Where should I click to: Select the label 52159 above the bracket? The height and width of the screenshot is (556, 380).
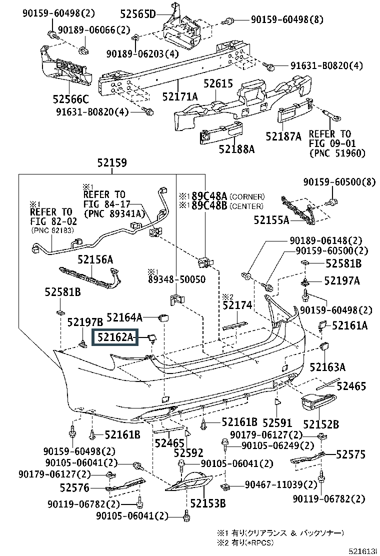(111, 163)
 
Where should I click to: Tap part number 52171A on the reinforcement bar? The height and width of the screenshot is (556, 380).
(179, 95)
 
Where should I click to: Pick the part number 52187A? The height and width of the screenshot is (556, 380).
(283, 136)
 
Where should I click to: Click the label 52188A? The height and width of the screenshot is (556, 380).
(236, 148)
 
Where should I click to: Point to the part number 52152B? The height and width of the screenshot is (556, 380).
(321, 424)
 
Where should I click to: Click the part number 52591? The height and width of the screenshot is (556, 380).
(277, 423)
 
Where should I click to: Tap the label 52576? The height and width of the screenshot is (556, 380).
(74, 487)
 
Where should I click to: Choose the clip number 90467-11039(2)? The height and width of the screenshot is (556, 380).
(281, 484)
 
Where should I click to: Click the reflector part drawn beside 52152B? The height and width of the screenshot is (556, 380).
(318, 402)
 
